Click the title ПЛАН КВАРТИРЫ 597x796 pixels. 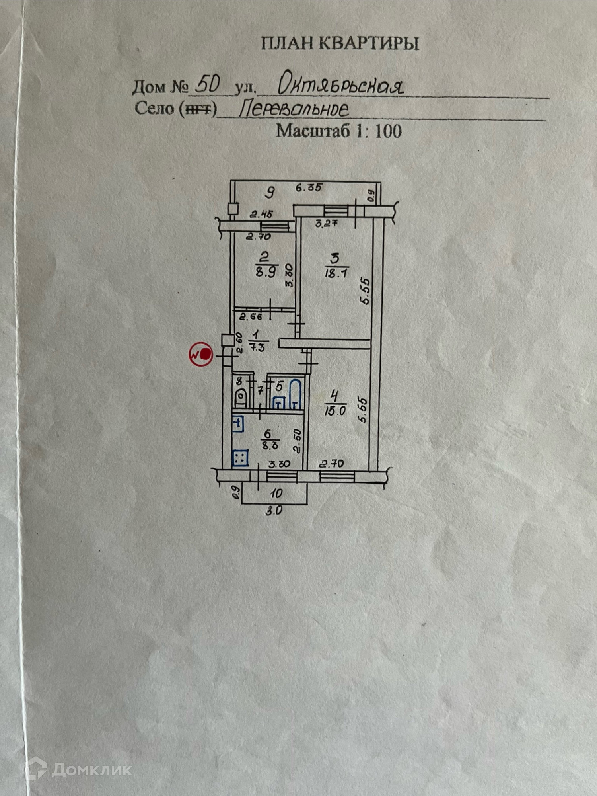(x=340, y=43)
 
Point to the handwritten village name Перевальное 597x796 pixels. (x=294, y=109)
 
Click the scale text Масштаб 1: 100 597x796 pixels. (x=339, y=131)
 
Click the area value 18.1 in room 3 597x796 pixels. (x=336, y=274)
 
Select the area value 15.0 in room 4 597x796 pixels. (x=335, y=410)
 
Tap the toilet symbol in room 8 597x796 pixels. (x=241, y=397)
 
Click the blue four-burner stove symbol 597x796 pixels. (x=240, y=458)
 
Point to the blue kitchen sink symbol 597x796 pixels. (x=237, y=423)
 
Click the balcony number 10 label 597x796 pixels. (x=276, y=494)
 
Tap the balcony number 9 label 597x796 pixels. (x=270, y=193)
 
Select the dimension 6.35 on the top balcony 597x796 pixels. (x=309, y=187)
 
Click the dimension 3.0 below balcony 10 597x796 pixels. (x=274, y=510)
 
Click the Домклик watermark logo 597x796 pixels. (x=78, y=770)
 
